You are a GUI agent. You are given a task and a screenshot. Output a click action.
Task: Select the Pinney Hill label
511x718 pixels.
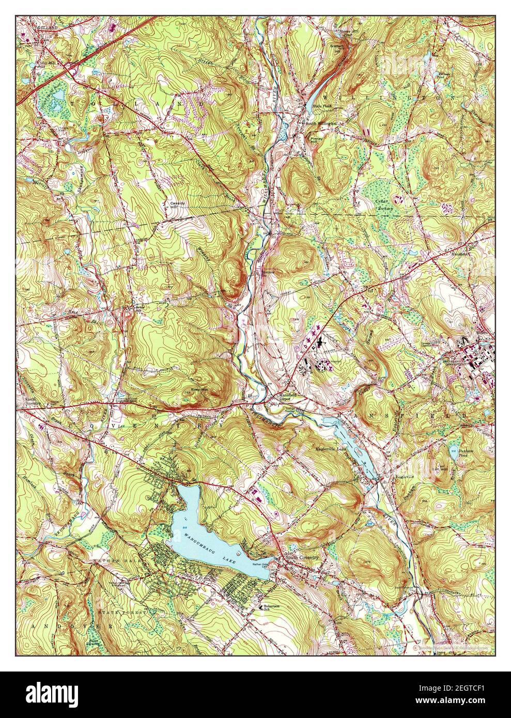point(315,141)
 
